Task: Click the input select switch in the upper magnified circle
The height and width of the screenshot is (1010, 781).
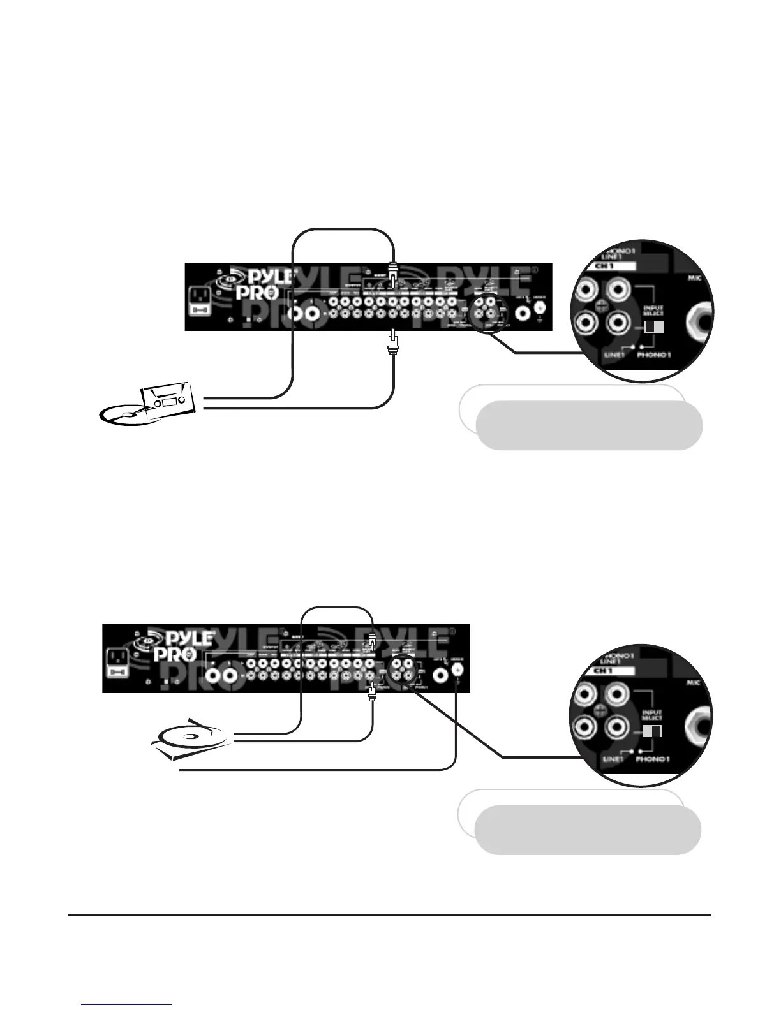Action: pos(653,327)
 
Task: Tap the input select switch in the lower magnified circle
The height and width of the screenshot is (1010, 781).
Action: pos(652,731)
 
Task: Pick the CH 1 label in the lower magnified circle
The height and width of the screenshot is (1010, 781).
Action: pos(613,671)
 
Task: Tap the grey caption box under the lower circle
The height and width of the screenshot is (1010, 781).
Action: pos(587,829)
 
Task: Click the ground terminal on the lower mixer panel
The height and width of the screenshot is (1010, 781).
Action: pos(457,670)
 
